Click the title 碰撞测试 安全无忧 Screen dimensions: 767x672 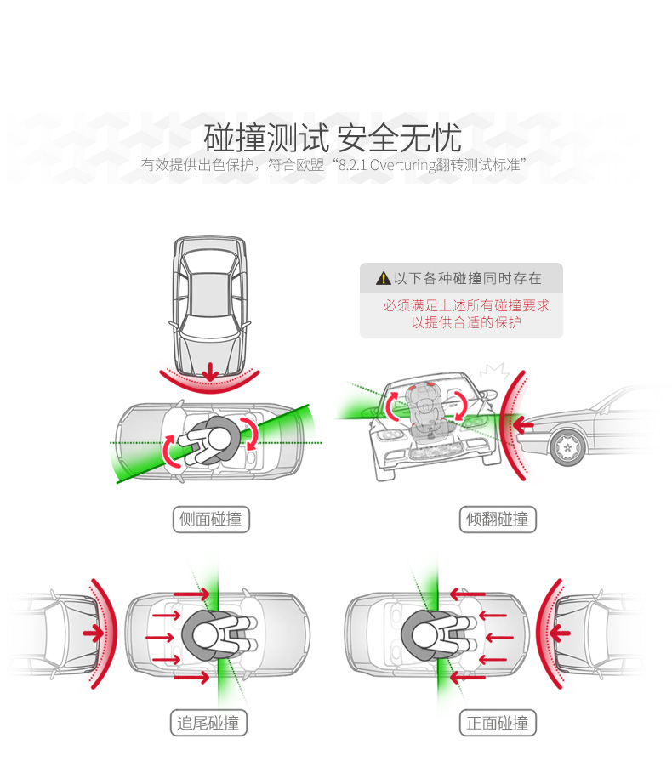(333, 136)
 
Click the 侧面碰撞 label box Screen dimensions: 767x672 (212, 519)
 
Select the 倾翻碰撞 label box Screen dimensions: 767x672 (498, 519)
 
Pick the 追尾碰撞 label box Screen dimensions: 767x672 (208, 723)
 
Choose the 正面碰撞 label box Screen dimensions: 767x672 (498, 723)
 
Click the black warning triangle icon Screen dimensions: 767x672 (384, 278)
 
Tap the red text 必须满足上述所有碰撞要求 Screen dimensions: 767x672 (465, 304)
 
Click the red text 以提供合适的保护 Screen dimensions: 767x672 (465, 322)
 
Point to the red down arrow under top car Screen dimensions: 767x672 (210, 371)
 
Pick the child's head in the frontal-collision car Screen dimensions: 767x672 (423, 633)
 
